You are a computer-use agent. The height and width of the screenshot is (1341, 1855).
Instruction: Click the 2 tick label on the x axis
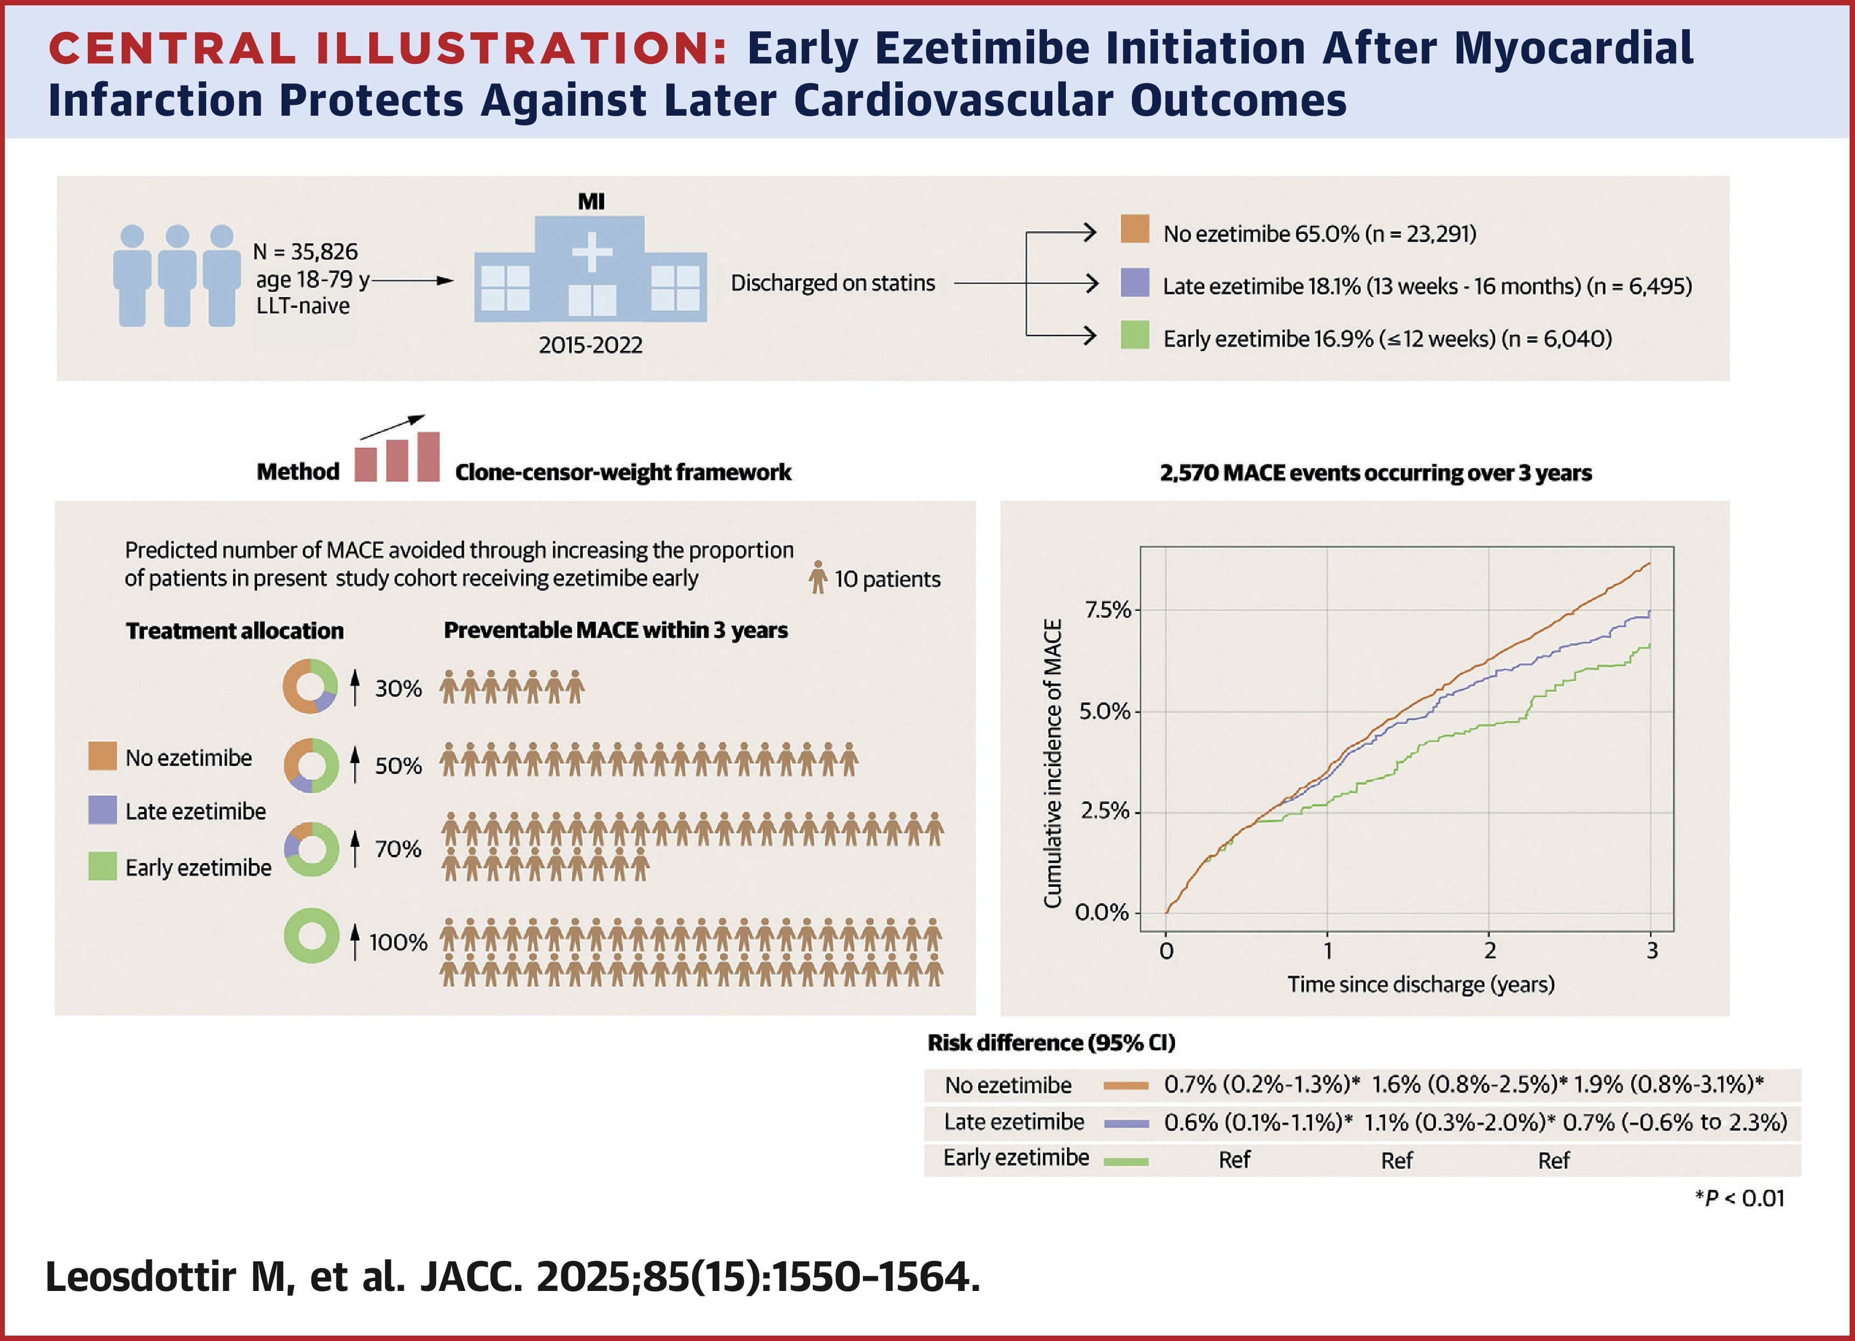(1489, 951)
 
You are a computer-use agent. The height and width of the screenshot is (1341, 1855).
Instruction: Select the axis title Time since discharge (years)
(1421, 984)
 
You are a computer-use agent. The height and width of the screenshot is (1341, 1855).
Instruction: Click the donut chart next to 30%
(310, 686)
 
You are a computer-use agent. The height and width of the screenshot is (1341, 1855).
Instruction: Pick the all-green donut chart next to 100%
(311, 935)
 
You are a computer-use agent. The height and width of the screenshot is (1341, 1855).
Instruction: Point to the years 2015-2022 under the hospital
(591, 345)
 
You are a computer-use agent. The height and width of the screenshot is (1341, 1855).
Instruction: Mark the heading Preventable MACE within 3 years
(615, 631)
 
